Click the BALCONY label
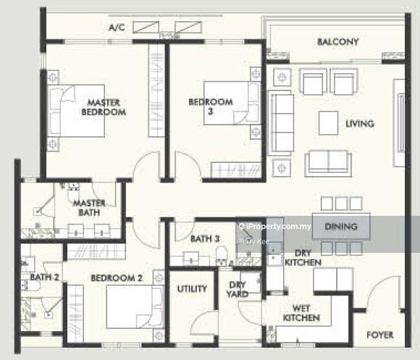pyautogui.click(x=337, y=42)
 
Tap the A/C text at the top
pyautogui.click(x=117, y=28)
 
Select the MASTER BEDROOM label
pyautogui.click(x=104, y=107)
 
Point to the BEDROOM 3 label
pyautogui.click(x=211, y=106)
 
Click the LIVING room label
pyautogui.click(x=360, y=124)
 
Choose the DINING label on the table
pyautogui.click(x=341, y=227)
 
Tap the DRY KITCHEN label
pyautogui.click(x=303, y=258)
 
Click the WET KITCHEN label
pyautogui.click(x=301, y=313)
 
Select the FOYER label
pyautogui.click(x=380, y=335)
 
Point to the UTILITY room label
pyautogui.click(x=192, y=289)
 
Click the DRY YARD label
pyautogui.click(x=237, y=289)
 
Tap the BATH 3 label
pyautogui.click(x=205, y=238)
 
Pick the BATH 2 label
pyautogui.click(x=44, y=277)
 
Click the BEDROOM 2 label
pyautogui.click(x=117, y=278)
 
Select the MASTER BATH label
pyautogui.click(x=90, y=208)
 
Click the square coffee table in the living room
pyautogui.click(x=328, y=123)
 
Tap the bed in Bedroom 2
pyautogui.click(x=135, y=306)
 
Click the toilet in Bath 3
pyautogui.click(x=222, y=255)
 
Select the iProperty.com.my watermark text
pyautogui.click(x=275, y=227)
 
